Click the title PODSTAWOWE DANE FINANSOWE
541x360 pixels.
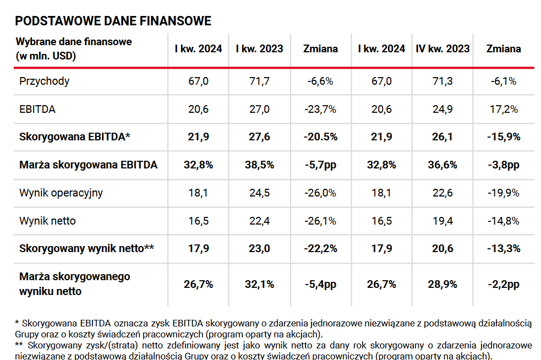(113, 21)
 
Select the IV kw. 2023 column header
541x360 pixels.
(442, 48)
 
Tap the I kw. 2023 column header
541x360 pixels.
(259, 48)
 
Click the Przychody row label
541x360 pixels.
(45, 81)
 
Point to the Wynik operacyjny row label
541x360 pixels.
(61, 193)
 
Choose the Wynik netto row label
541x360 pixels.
(47, 221)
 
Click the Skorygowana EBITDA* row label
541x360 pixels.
(75, 137)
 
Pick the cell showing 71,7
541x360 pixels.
(259, 81)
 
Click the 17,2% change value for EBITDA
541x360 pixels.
(504, 109)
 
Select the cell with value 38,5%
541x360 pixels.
(259, 165)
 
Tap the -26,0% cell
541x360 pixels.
(320, 193)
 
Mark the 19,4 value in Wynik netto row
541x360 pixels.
(442, 221)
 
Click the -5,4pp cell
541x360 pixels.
(320, 284)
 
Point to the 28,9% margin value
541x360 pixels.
(442, 284)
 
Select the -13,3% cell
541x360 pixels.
(504, 248)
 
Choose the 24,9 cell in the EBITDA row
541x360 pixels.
(442, 109)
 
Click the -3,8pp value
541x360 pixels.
(504, 165)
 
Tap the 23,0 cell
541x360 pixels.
(259, 248)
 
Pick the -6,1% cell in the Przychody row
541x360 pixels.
(504, 81)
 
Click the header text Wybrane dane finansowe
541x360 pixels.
(74, 42)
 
